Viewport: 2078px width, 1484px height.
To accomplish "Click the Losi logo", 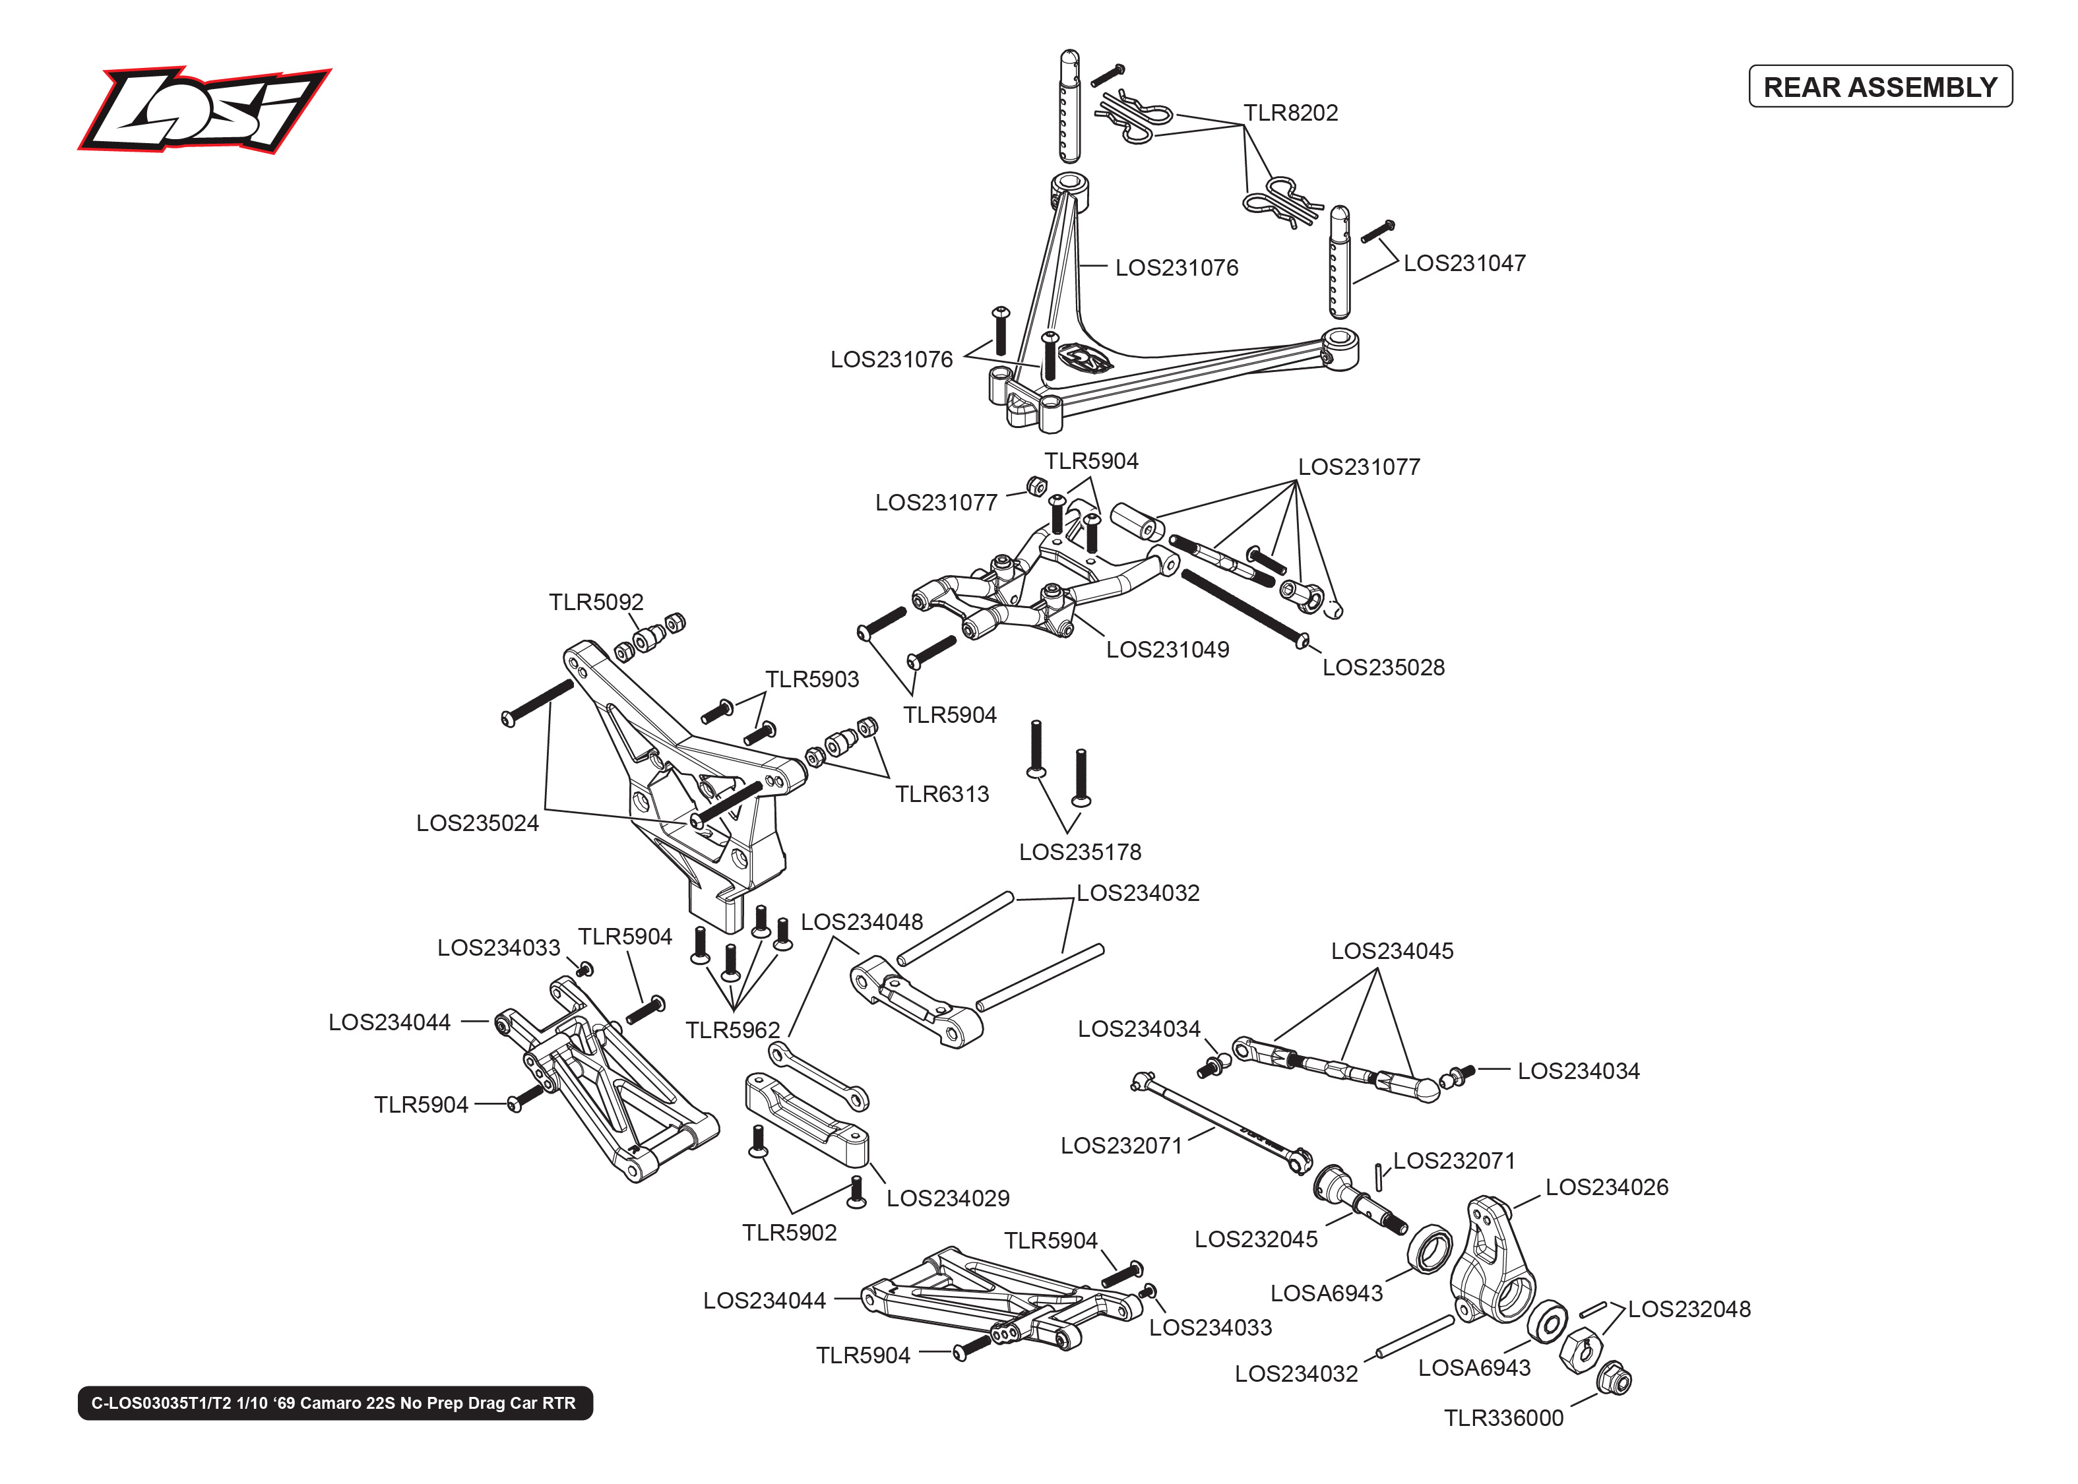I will (x=204, y=109).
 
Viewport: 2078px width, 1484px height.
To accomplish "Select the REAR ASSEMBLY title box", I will (x=1879, y=87).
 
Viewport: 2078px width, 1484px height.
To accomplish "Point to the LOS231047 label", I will (x=1464, y=263).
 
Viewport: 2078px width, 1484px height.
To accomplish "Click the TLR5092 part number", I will (x=596, y=602).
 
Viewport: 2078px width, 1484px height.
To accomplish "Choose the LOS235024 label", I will (x=477, y=823).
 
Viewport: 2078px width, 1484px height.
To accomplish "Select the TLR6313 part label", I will (x=941, y=794).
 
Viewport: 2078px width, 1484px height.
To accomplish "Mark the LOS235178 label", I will (x=1080, y=853).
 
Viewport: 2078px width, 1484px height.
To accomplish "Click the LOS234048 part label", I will (x=862, y=922).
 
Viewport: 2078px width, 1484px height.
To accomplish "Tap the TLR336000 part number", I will (x=1503, y=1418).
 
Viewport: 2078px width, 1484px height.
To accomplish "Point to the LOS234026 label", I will (x=1606, y=1188).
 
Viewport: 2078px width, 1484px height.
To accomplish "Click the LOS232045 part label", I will (x=1255, y=1240).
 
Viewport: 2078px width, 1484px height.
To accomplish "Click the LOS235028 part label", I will (x=1383, y=668).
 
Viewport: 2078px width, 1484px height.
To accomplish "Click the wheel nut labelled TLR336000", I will (x=1615, y=1380).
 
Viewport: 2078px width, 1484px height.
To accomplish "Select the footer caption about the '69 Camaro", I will (x=334, y=1404).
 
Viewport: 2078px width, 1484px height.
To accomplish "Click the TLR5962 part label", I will (x=733, y=1031).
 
